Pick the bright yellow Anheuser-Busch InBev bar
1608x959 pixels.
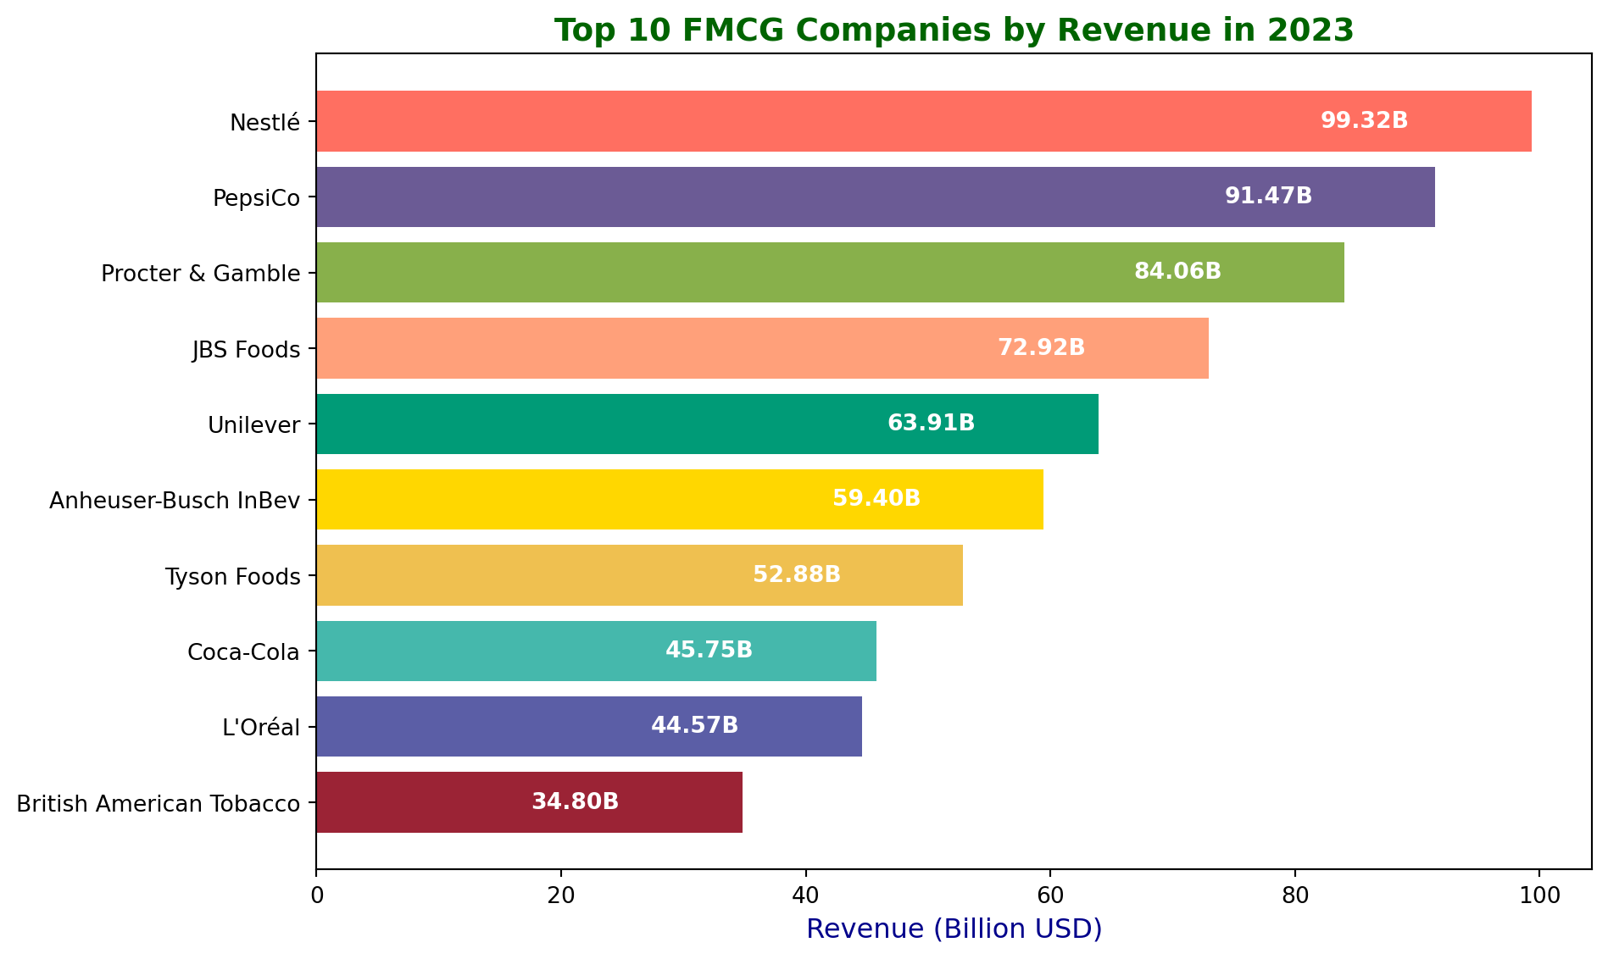click(x=679, y=499)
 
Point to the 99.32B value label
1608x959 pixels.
click(x=1364, y=121)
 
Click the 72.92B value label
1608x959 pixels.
click(x=1041, y=348)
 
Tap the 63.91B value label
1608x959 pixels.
click(x=931, y=424)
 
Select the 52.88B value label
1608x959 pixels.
click(x=796, y=575)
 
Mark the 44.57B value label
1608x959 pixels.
click(x=694, y=726)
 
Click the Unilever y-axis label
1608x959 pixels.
click(x=254, y=424)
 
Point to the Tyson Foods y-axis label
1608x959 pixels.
click(x=233, y=577)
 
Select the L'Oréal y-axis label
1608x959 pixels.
click(x=261, y=727)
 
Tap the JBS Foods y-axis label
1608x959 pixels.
click(x=247, y=349)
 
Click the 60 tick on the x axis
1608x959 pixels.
click(x=1050, y=895)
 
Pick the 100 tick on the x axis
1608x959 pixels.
click(x=1539, y=895)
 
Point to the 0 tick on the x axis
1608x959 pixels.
click(x=317, y=895)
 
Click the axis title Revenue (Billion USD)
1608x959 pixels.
click(x=954, y=929)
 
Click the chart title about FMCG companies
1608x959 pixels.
click(x=954, y=30)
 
